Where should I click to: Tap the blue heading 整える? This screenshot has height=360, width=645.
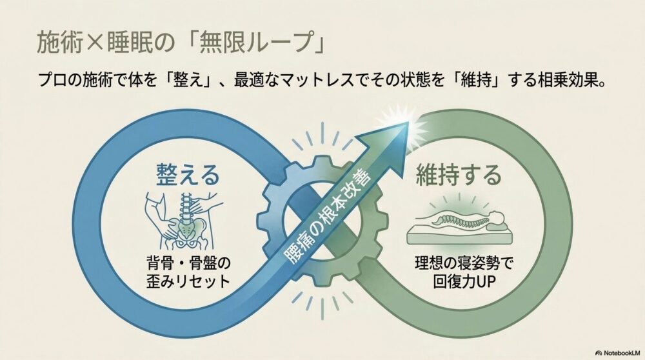[188, 174]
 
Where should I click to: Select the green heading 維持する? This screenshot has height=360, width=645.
[459, 174]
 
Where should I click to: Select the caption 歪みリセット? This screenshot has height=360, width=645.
[188, 282]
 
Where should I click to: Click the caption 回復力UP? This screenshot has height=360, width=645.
[464, 282]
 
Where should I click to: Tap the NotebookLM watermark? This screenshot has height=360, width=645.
[617, 353]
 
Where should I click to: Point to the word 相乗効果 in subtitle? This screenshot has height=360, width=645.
[568, 80]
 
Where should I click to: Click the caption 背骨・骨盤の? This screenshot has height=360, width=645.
[188, 263]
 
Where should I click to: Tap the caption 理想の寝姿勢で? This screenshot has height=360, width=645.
[464, 263]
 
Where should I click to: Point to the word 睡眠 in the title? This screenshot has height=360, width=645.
[130, 43]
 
